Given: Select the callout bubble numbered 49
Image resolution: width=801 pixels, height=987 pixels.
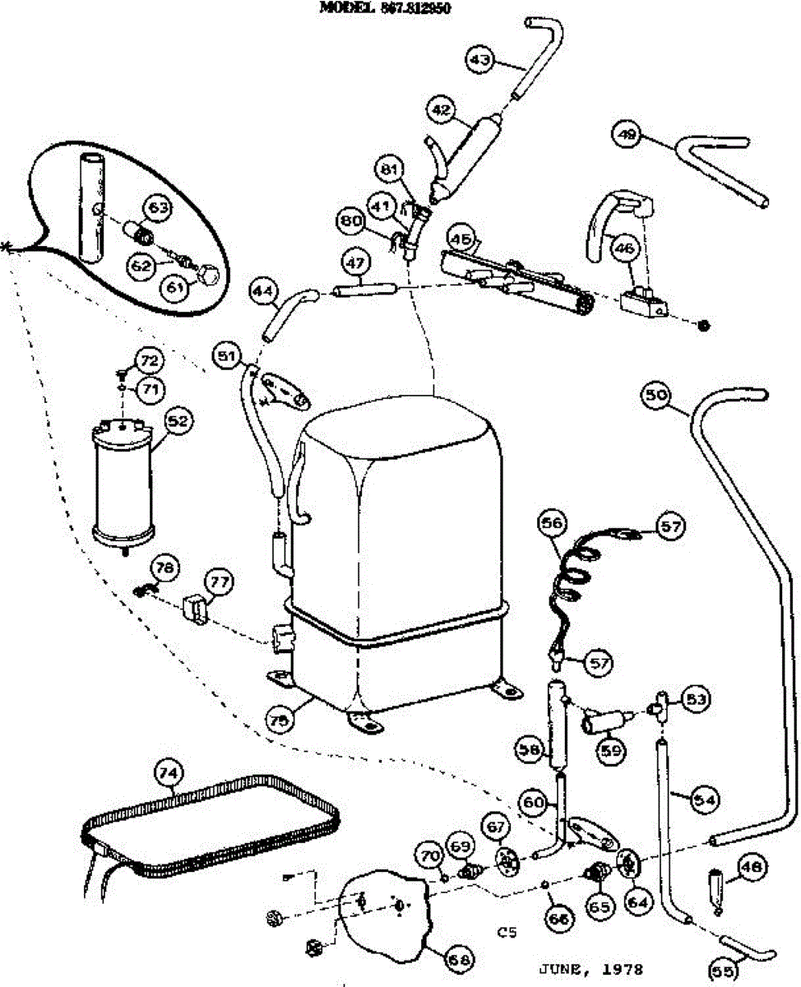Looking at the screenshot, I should click(x=628, y=134).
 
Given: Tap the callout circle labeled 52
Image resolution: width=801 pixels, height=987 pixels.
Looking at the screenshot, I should click(x=178, y=421).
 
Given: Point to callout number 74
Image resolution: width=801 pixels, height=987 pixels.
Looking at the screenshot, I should click(x=169, y=772).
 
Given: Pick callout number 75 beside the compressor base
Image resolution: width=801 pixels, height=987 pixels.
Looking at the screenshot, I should click(x=280, y=718).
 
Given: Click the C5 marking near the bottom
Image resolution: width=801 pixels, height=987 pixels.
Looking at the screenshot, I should click(x=507, y=933).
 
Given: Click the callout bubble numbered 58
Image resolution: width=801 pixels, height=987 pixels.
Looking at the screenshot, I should click(x=530, y=748).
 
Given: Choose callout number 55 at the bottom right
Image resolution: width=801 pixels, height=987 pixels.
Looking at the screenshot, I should click(x=723, y=971).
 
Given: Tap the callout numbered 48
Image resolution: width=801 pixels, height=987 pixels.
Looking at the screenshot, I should click(x=753, y=865).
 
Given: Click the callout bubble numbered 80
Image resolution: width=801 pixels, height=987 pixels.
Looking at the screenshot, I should click(x=351, y=220).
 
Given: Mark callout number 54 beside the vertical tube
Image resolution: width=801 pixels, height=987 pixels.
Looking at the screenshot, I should click(x=705, y=798).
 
